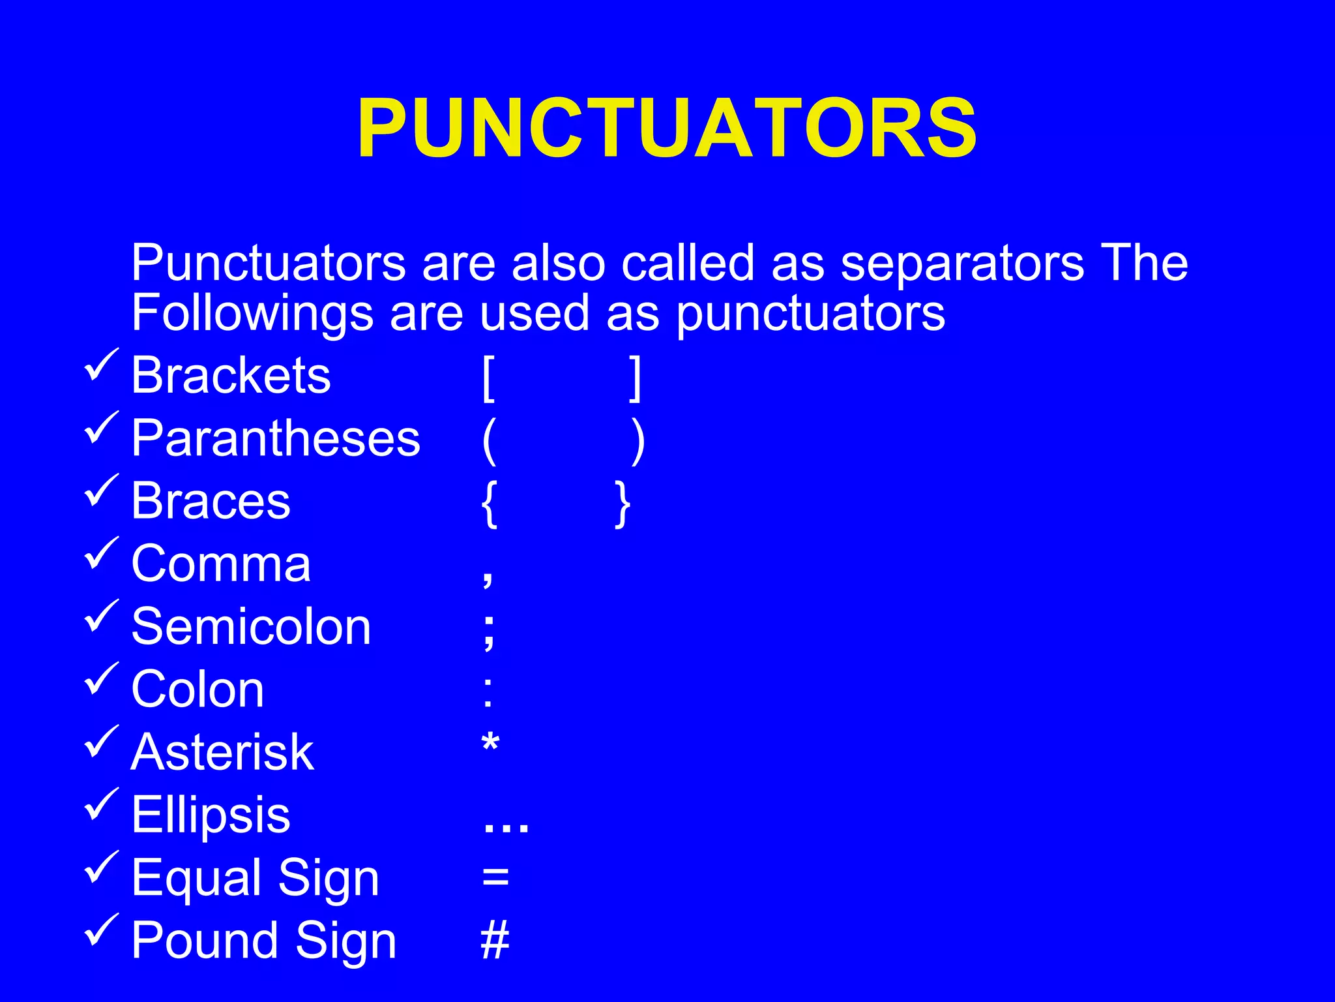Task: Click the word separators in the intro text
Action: (962, 264)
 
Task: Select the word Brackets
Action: (231, 376)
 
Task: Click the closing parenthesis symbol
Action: (638, 442)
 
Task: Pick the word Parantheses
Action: (276, 438)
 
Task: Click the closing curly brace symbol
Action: (623, 504)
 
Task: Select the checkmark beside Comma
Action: (101, 553)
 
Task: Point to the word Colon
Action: (198, 690)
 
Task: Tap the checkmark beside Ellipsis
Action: (101, 804)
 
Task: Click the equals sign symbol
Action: (495, 877)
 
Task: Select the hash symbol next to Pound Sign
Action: (495, 941)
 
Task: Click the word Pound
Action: (206, 941)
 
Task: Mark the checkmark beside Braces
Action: (101, 491)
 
